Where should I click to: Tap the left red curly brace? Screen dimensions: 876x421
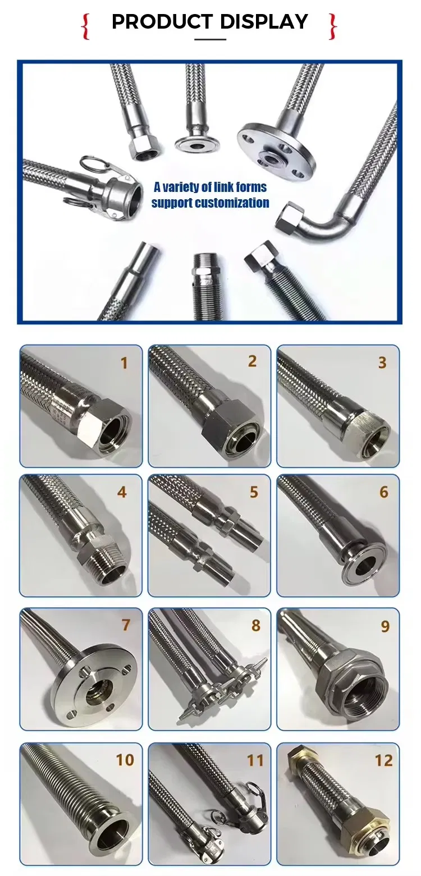click(86, 26)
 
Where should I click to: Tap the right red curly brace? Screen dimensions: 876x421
click(332, 26)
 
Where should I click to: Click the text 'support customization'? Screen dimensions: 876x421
click(210, 203)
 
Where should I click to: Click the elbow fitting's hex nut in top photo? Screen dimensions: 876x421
click(291, 218)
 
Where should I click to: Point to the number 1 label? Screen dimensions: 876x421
click(124, 363)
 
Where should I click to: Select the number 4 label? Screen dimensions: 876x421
click(122, 493)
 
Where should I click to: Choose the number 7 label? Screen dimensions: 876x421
click(125, 625)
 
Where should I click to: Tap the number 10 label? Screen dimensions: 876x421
click(125, 760)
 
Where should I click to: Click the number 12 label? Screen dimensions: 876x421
click(383, 760)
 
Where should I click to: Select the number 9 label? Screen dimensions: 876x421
click(385, 626)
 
